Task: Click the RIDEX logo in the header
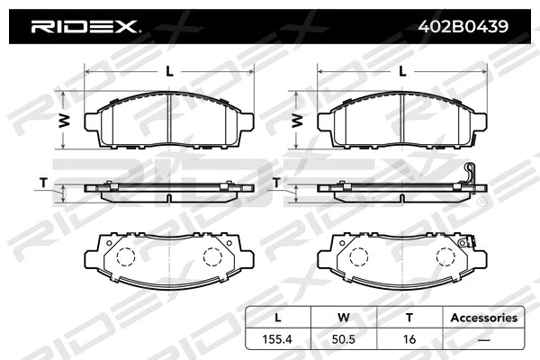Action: pyautogui.click(x=85, y=27)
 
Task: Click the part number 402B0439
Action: pyautogui.click(x=463, y=27)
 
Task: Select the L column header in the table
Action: pyautogui.click(x=278, y=318)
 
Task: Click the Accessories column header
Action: pyautogui.click(x=483, y=318)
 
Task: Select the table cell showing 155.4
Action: pyautogui.click(x=278, y=340)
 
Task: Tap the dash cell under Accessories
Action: pyautogui.click(x=483, y=340)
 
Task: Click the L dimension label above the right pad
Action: pyautogui.click(x=403, y=70)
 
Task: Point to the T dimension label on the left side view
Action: pyautogui.click(x=43, y=183)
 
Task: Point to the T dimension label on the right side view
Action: pyautogui.click(x=277, y=183)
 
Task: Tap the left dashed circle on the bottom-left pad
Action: pyautogui.click(x=127, y=256)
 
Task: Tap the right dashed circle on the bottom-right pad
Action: pyautogui.click(x=445, y=256)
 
